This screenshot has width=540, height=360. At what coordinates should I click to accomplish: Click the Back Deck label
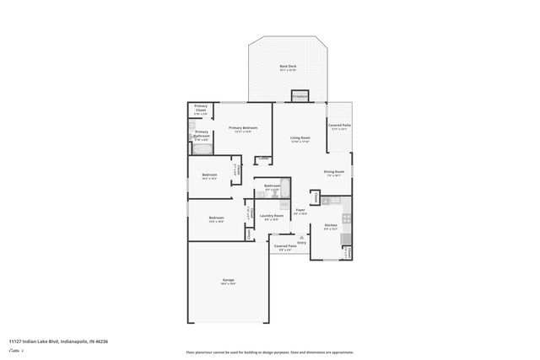coord(287,66)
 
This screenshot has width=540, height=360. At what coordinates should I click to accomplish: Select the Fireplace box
coord(300,95)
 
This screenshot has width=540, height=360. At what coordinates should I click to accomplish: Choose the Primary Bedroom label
coord(243,127)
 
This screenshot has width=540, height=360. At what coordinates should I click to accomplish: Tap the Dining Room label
coord(333,172)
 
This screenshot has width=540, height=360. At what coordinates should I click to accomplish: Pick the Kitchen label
coord(330,225)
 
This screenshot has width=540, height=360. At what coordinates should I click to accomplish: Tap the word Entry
coord(301,243)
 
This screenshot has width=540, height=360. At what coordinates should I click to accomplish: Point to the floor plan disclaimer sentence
coord(269,351)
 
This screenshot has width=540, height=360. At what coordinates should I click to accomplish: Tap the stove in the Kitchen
coord(346,238)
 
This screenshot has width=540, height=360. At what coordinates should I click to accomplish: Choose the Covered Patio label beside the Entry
coord(284,246)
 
